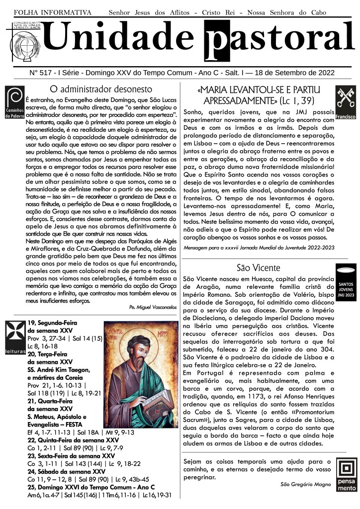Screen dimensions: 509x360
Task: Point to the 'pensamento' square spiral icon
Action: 346,475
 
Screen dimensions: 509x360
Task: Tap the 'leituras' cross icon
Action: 13,338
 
